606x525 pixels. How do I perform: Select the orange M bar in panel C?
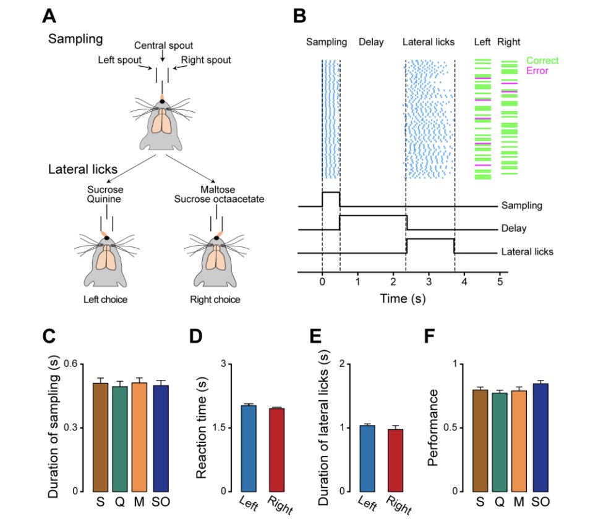click(139, 437)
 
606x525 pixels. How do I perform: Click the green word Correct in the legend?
click(542, 61)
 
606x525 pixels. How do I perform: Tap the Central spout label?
click(163, 45)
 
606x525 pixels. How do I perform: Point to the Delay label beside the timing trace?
click(514, 229)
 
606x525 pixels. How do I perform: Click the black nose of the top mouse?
click(162, 101)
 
